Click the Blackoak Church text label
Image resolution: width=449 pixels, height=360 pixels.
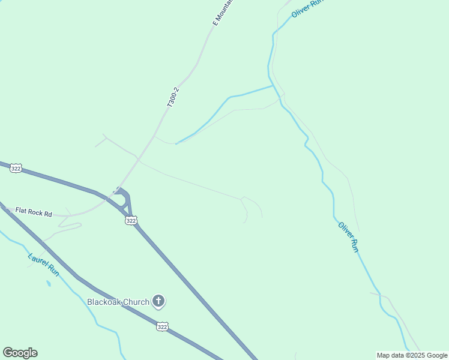pos(118,302)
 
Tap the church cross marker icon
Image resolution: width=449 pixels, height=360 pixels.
pos(158,301)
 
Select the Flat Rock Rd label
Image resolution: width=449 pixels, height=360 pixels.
pos(34,213)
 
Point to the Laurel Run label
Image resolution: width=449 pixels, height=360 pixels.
pos(44,264)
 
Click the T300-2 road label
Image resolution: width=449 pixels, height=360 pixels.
pos(173,97)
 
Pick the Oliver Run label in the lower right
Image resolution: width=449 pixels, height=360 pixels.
pos(348,237)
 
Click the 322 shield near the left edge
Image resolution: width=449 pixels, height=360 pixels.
pos(16,169)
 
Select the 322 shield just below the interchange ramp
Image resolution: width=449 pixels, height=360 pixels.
pos(131,221)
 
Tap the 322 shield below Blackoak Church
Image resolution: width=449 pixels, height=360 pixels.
pos(161,326)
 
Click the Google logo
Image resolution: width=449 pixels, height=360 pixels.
pos(20,353)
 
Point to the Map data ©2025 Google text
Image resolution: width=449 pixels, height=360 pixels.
pos(412,355)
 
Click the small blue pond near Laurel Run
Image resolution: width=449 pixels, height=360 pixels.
pos(48,283)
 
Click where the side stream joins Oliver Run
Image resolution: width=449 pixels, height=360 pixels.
pos(274,86)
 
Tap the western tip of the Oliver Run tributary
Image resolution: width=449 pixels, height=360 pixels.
pos(176,143)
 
